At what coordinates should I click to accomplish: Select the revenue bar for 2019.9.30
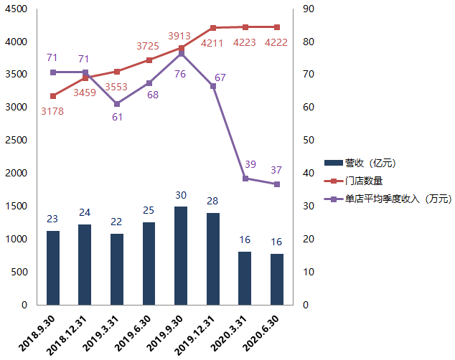(181, 255)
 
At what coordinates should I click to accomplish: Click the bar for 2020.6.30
(277, 279)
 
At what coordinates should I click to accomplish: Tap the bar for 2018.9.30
(53, 267)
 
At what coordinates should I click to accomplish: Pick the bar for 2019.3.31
(117, 269)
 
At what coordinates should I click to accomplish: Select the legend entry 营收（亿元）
(370, 163)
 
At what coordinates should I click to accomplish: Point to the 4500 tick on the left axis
(17, 9)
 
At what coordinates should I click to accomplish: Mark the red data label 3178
(52, 110)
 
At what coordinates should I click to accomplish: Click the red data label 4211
(212, 43)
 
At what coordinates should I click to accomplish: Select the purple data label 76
(180, 74)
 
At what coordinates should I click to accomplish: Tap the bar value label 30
(181, 195)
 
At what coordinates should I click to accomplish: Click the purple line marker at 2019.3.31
(117, 104)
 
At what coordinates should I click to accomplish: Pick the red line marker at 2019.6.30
(149, 60)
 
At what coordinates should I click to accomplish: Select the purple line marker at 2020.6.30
(277, 184)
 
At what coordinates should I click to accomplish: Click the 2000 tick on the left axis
(17, 173)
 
